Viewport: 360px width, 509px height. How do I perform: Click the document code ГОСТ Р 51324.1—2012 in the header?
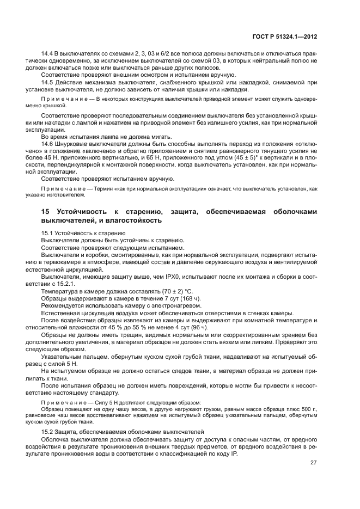click(x=292, y=38)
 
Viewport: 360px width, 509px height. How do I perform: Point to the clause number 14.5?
click(x=47, y=82)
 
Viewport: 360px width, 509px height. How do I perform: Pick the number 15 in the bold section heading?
click(x=46, y=211)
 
